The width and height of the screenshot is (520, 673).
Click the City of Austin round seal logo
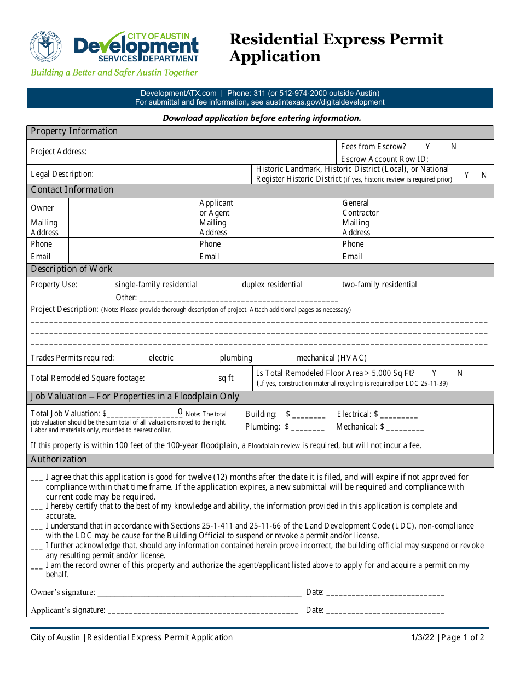46,47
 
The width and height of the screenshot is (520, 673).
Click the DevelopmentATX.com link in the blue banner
178,94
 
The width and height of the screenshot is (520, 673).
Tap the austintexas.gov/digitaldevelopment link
325,102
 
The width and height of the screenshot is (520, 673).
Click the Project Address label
59,152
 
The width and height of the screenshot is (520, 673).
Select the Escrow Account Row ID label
384,159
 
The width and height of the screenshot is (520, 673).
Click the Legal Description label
62,174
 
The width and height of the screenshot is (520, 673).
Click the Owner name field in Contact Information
131,208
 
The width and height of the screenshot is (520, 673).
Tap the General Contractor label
360,208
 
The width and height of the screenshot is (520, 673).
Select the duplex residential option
271,285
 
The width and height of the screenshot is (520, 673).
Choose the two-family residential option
379,285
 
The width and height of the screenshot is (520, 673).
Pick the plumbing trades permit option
236,358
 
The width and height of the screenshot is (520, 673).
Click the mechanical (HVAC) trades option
331,358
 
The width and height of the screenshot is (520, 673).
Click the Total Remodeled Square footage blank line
181,379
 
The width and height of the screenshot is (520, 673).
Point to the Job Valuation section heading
135,397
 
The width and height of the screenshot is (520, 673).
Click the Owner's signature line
199,593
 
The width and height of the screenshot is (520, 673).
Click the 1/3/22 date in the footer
423,637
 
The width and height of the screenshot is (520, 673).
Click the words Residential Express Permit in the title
336,39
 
